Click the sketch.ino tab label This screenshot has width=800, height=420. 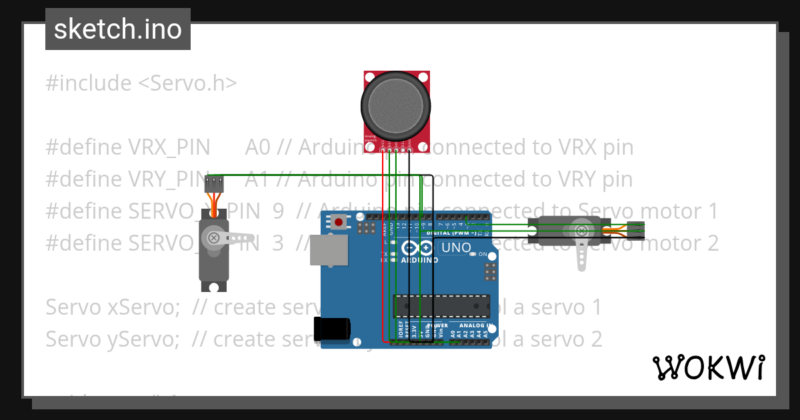(117, 29)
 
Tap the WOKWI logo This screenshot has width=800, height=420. (707, 367)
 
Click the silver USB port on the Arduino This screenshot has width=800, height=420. (329, 250)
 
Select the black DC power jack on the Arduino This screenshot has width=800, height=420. (332, 330)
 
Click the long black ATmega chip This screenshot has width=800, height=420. (441, 305)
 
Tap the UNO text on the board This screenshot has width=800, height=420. (457, 248)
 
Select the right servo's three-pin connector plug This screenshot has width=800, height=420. (637, 229)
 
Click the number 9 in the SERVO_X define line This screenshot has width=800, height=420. (278, 211)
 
